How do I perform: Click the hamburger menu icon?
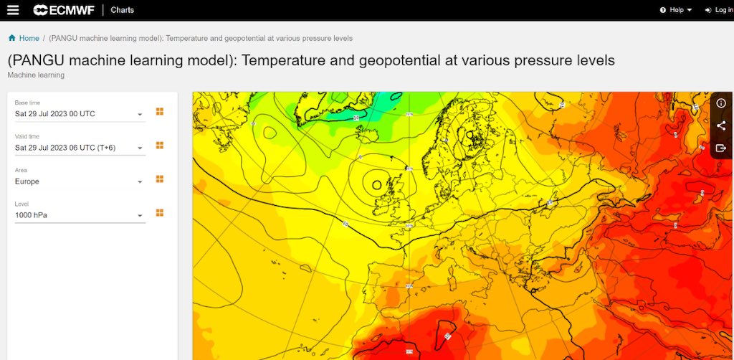13,10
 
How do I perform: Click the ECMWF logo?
63,10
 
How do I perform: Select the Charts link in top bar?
122,10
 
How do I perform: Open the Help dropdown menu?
675,10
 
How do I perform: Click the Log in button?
718,10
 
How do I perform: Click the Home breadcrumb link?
29,38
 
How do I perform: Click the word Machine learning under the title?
36,75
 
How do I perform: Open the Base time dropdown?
79,114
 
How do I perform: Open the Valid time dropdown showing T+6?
79,148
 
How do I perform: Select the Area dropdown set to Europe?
79,181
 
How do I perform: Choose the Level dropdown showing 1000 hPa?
79,215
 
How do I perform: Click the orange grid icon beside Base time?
160,112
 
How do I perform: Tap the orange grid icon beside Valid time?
160,146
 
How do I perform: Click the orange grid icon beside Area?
160,179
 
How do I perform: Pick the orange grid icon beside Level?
160,213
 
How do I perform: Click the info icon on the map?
721,104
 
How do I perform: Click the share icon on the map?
721,125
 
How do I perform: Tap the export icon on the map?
721,148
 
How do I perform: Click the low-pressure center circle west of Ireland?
376,185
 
